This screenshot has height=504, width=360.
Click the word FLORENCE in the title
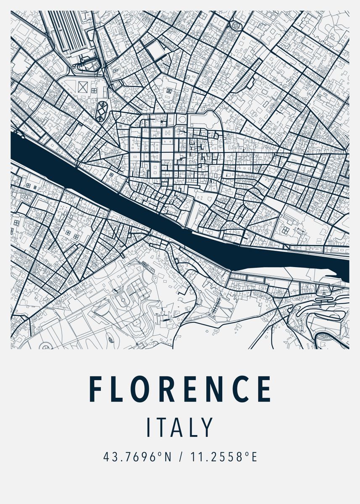(180, 389)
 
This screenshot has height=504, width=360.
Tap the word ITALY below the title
(180, 428)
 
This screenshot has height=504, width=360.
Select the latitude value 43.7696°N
(137, 457)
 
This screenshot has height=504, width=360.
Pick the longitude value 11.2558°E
(223, 457)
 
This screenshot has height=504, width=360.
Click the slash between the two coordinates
(181, 457)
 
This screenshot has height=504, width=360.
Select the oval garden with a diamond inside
(102, 111)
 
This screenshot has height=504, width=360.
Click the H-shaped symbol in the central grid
(168, 133)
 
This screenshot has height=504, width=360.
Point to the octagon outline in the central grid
(181, 120)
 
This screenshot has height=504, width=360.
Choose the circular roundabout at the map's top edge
(235, 25)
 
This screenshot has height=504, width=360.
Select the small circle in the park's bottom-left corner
(45, 346)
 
